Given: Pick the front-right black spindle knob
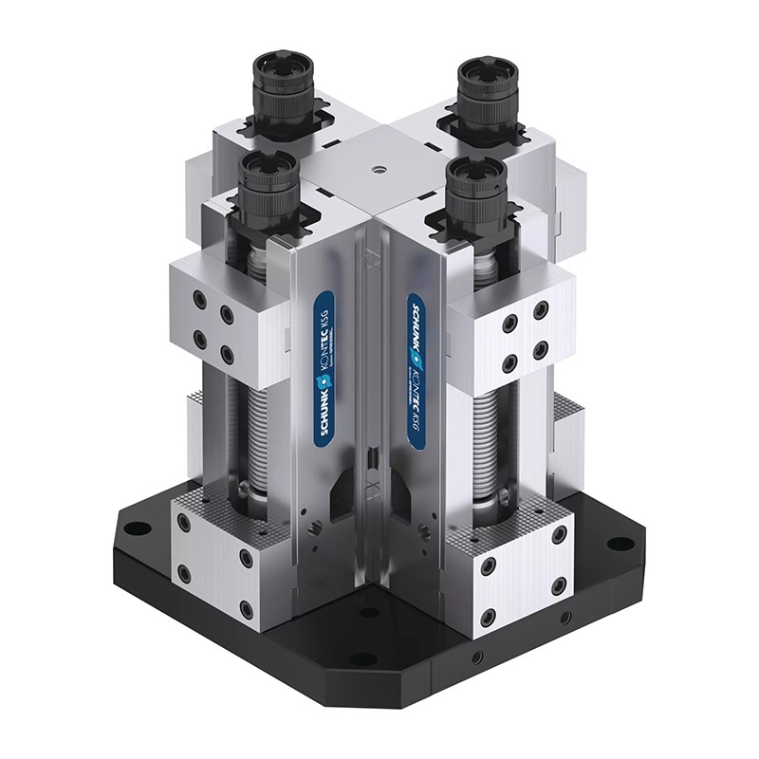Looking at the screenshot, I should coord(472,189).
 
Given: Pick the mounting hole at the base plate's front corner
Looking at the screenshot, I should coord(363,657).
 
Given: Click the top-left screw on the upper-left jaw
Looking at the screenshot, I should coord(198,299).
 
